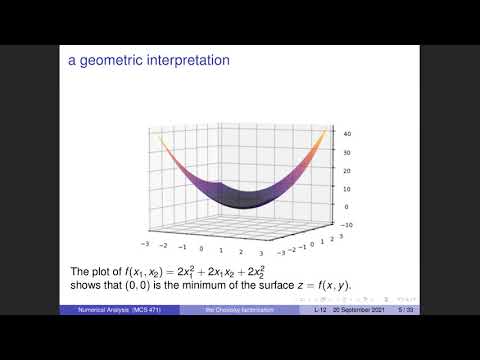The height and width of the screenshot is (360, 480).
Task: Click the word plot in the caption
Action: (109, 271)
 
